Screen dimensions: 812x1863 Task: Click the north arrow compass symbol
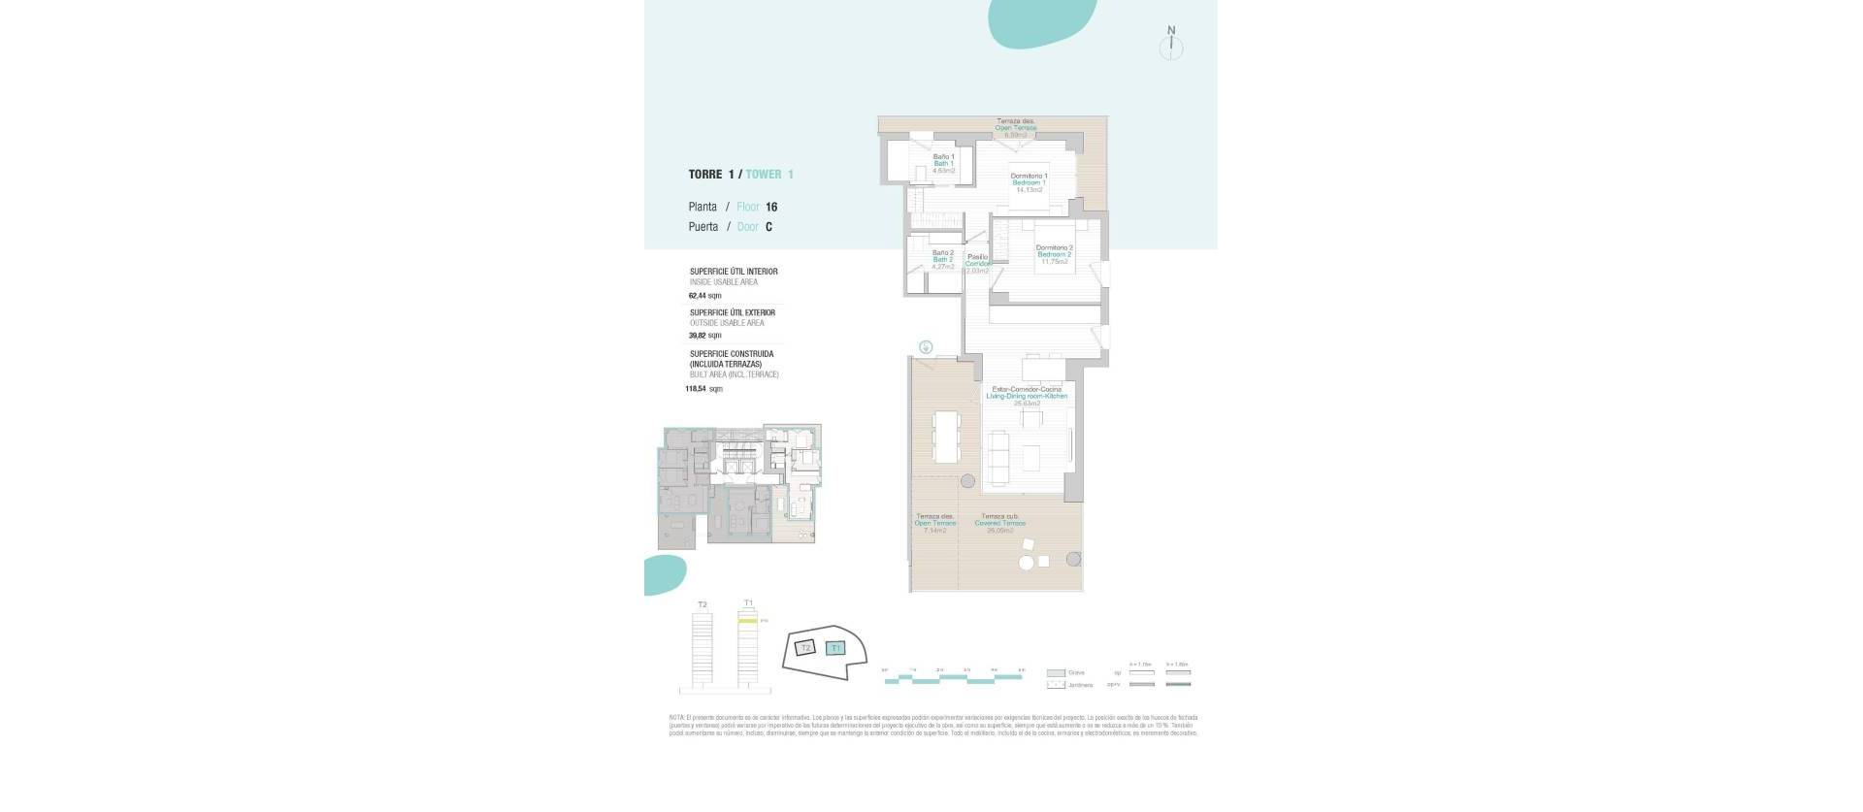coord(1171,45)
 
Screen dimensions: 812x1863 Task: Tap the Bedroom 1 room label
coord(1029,182)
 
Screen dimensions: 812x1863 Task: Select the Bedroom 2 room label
coord(1054,254)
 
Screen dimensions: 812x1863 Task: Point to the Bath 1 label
coord(943,163)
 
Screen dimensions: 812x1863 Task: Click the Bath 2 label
coord(942,259)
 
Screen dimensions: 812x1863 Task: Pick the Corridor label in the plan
coord(977,264)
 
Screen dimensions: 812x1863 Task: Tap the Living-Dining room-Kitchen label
coord(1026,396)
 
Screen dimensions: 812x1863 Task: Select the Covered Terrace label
coord(999,523)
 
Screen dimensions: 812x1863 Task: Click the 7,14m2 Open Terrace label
coord(934,524)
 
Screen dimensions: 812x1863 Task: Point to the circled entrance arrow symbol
coord(927,346)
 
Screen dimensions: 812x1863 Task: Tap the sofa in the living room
coord(997,454)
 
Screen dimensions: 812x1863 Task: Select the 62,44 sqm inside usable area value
coord(704,295)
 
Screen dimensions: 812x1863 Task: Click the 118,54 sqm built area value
coord(703,389)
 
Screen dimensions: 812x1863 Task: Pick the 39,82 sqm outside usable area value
coord(704,336)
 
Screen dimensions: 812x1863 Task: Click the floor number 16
coord(771,207)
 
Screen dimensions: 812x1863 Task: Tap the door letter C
coord(768,227)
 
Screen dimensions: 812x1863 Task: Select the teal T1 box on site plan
coord(835,648)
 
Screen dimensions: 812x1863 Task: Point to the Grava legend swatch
coord(1056,672)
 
